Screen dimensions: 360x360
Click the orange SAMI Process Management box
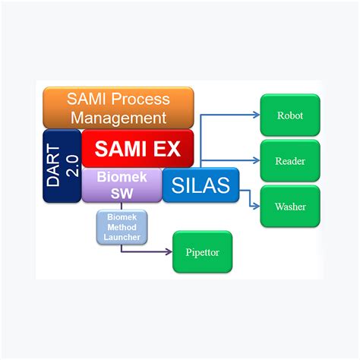118,107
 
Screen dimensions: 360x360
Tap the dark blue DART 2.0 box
62,165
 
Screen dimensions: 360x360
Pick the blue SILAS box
201,185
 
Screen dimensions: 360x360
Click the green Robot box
289,115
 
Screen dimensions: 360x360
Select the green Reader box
289,160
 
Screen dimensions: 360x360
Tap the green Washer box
289,206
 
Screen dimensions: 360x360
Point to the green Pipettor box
202,251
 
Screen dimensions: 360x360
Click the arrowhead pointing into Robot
256,115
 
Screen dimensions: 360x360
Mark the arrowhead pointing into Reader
256,160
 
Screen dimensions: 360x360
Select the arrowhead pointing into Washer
256,206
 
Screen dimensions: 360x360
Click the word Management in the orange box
118,118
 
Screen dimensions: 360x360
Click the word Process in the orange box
143,98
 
